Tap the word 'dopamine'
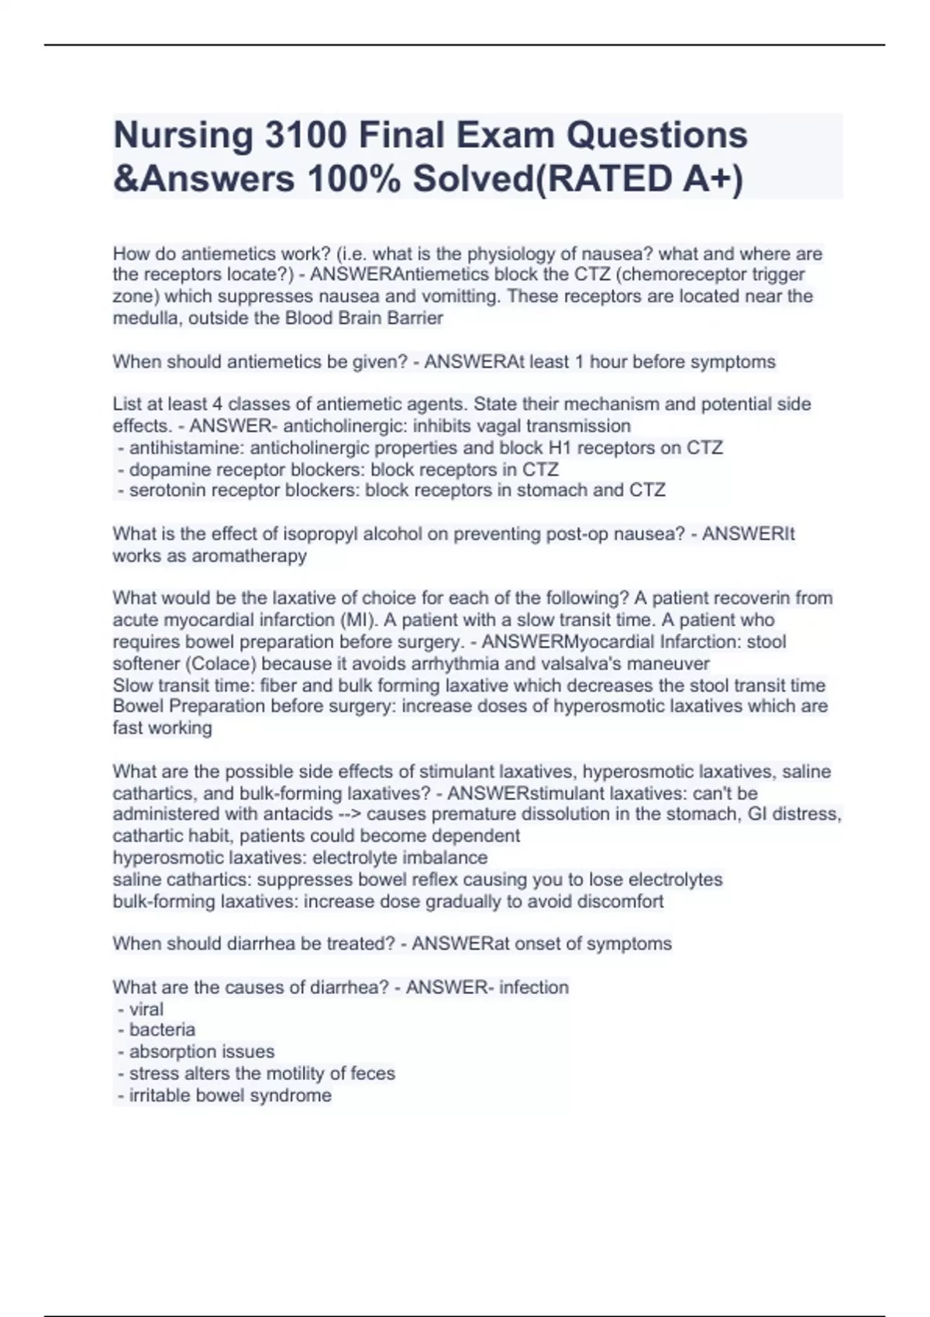coord(166,469)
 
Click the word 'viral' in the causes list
coord(146,1009)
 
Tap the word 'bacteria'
coord(162,1030)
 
